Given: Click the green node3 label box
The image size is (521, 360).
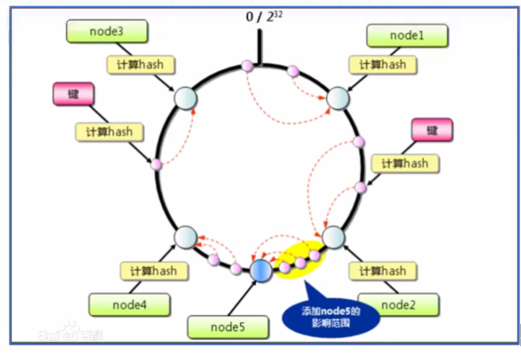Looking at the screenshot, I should coord(107,31).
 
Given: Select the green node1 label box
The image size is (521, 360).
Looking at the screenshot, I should coord(407,36).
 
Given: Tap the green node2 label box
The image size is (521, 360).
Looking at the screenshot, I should coord(398,305).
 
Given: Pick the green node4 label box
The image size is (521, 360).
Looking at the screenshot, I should coord(129,305).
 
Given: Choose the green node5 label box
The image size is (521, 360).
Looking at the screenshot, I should coord(227,327).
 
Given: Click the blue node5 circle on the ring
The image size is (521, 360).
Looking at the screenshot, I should coord(260,271).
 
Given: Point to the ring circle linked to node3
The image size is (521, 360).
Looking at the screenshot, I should coord(185,98).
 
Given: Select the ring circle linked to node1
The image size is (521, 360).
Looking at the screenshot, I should coord(337,98).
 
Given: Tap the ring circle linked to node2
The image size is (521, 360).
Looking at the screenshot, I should coord(333,237).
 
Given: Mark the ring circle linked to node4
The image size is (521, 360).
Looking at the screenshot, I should coord(185,237).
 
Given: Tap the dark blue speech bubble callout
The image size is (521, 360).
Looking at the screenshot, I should coord(331,316).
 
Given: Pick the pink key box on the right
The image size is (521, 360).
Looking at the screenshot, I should coord(432,130).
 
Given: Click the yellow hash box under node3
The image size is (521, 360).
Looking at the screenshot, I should coord(141,65).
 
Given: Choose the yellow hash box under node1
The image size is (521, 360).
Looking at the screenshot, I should coord(382,65).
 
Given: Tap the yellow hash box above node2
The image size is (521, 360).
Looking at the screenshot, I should coord(382,271).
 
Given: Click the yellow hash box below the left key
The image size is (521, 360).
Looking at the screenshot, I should coord(110,131).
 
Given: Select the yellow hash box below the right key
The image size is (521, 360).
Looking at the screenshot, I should coord(405,163).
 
